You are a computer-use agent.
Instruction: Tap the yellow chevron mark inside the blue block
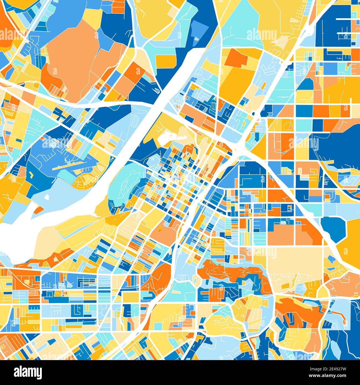pyautogui.click(x=31, y=175)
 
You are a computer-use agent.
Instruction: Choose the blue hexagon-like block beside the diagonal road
pyautogui.click(x=334, y=226)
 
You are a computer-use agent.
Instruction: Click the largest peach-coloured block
pyautogui.click(x=73, y=61)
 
